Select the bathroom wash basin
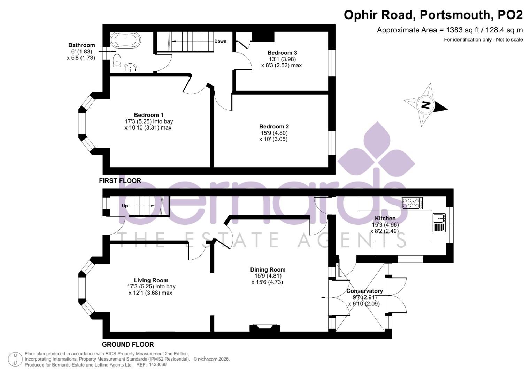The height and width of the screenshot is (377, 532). tap(131, 68)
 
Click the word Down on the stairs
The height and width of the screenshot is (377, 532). tap(220, 41)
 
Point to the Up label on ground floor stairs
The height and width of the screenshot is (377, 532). tap(125, 206)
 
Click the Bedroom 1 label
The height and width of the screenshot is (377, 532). tap(149, 115)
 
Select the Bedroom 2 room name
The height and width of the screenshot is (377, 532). tap(274, 126)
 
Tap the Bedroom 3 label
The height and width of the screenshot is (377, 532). tap(282, 53)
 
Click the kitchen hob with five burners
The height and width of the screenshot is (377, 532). tap(412, 203)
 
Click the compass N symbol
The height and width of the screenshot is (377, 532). tap(425, 105)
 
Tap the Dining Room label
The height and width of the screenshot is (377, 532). tap(268, 269)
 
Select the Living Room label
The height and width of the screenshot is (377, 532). tap(151, 280)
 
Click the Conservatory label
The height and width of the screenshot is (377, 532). tap(364, 291)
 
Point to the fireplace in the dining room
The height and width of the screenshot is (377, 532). tap(264, 328)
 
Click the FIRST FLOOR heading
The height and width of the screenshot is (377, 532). tap(120, 180)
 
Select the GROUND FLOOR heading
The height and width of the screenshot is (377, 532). tap(128, 344)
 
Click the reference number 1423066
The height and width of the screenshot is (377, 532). tap(157, 365)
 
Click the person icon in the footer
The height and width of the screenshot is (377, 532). tap(15, 359)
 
